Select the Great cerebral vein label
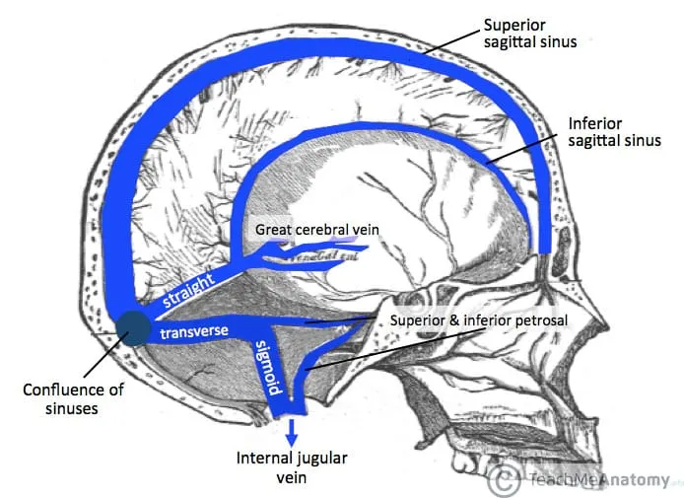[x=317, y=230]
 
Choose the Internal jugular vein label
[x=291, y=466]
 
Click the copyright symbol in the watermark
[x=506, y=480]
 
